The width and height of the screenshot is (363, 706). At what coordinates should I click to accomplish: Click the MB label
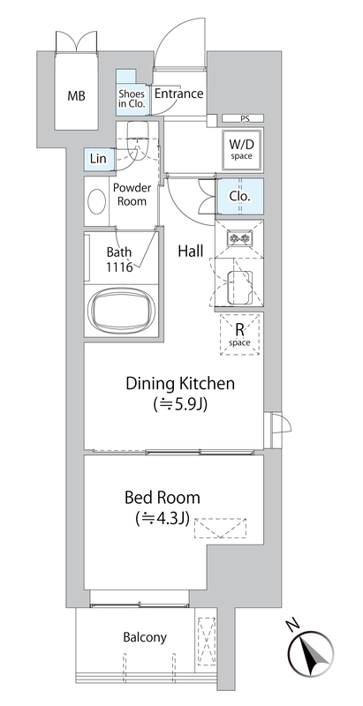pyautogui.click(x=77, y=96)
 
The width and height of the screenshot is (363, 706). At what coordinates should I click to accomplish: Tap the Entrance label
pyautogui.click(x=178, y=94)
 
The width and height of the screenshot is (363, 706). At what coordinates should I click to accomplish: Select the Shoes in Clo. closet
pyautogui.click(x=132, y=91)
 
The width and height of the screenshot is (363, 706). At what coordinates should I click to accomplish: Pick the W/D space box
pyautogui.click(x=241, y=150)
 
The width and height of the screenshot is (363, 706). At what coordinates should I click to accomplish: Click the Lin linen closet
pyautogui.click(x=98, y=159)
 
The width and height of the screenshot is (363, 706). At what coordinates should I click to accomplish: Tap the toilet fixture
pyautogui.click(x=138, y=140)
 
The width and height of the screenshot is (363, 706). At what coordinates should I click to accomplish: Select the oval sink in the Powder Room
pyautogui.click(x=96, y=202)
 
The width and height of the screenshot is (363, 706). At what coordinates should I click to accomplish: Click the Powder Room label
pyautogui.click(x=132, y=194)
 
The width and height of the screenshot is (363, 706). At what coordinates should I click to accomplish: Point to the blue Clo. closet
pyautogui.click(x=240, y=197)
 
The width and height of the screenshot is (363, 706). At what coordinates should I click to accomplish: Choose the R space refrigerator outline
pyautogui.click(x=240, y=334)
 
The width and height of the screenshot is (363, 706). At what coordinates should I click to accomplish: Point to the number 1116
pyautogui.click(x=119, y=268)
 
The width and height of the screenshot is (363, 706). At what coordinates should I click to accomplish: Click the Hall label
pyautogui.click(x=191, y=252)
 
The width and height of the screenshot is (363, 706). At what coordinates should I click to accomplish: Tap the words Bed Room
pyautogui.click(x=163, y=498)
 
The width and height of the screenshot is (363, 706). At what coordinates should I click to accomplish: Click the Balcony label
pyautogui.click(x=145, y=637)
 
